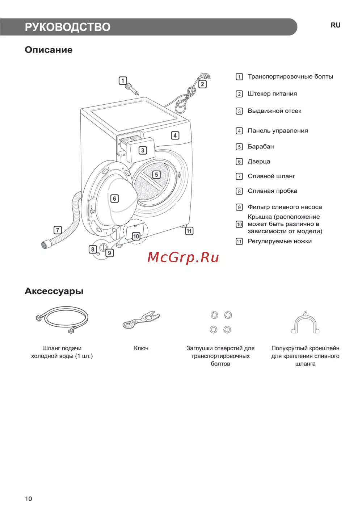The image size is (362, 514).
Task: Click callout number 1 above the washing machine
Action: click(x=123, y=80)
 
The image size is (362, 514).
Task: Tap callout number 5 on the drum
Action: click(x=156, y=175)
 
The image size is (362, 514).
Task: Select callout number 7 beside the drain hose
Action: click(x=58, y=230)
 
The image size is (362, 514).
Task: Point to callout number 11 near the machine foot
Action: click(x=189, y=231)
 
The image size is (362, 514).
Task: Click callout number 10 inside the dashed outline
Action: click(x=136, y=236)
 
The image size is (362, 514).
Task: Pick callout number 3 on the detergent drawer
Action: click(x=143, y=150)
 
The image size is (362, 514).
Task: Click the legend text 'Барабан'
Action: click(x=261, y=147)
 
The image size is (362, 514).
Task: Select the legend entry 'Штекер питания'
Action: click(x=272, y=94)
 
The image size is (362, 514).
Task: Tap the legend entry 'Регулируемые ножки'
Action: click(x=279, y=241)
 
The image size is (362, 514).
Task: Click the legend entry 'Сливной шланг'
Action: click(x=271, y=176)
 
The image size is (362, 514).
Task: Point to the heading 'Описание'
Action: click(x=49, y=50)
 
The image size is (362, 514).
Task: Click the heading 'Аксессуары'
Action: click(x=54, y=291)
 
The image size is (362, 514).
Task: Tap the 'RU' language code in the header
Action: click(x=336, y=25)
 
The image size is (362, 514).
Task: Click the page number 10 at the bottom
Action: click(x=29, y=499)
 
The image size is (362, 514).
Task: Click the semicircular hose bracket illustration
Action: click(x=306, y=323)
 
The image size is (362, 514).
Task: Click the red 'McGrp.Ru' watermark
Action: click(x=183, y=258)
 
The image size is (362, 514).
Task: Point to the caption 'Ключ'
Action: click(x=141, y=348)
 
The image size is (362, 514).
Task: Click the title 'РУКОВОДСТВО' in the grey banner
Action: click(x=68, y=27)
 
